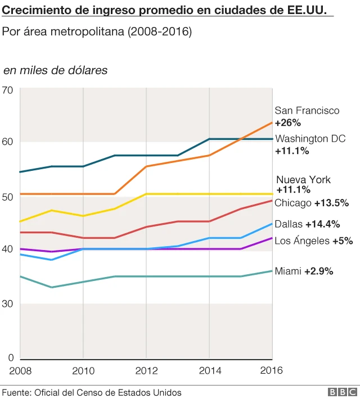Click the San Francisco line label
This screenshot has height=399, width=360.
coord(307,111)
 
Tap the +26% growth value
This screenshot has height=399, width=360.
coord(288,123)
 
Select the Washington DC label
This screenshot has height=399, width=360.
coord(310,139)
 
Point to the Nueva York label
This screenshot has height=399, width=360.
coord(303,180)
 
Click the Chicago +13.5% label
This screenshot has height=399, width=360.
coord(312,203)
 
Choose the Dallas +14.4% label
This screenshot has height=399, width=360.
coord(307,224)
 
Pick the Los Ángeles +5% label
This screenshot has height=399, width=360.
coord(313,241)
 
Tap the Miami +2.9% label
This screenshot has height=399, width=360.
coord(304,271)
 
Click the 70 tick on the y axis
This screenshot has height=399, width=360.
coord(7,89)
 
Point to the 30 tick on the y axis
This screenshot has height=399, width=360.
coord(7,304)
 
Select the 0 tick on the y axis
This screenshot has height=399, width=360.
coord(10,358)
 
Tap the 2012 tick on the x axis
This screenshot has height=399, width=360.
coord(146,370)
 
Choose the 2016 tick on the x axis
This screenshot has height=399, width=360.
coord(272,370)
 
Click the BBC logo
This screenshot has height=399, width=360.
coord(343,392)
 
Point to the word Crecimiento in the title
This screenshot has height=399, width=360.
coord(34,10)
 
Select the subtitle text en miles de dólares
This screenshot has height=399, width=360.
coord(56,70)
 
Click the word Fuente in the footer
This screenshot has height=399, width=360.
coord(17,392)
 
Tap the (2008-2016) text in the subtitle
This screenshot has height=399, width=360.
coord(160,32)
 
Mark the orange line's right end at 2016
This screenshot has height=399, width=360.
coord(272,123)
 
